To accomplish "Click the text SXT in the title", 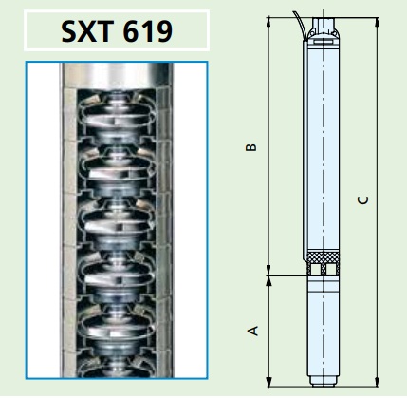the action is point(87,31).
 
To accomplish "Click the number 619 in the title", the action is point(148,31).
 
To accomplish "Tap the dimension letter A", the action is point(252,331).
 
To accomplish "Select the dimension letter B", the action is point(251,147).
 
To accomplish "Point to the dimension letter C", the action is point(363,200).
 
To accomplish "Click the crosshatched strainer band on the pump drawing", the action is point(324,256).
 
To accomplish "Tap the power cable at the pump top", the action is point(302,27).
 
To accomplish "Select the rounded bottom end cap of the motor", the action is point(324,380).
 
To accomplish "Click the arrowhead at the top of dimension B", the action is point(268,22).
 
